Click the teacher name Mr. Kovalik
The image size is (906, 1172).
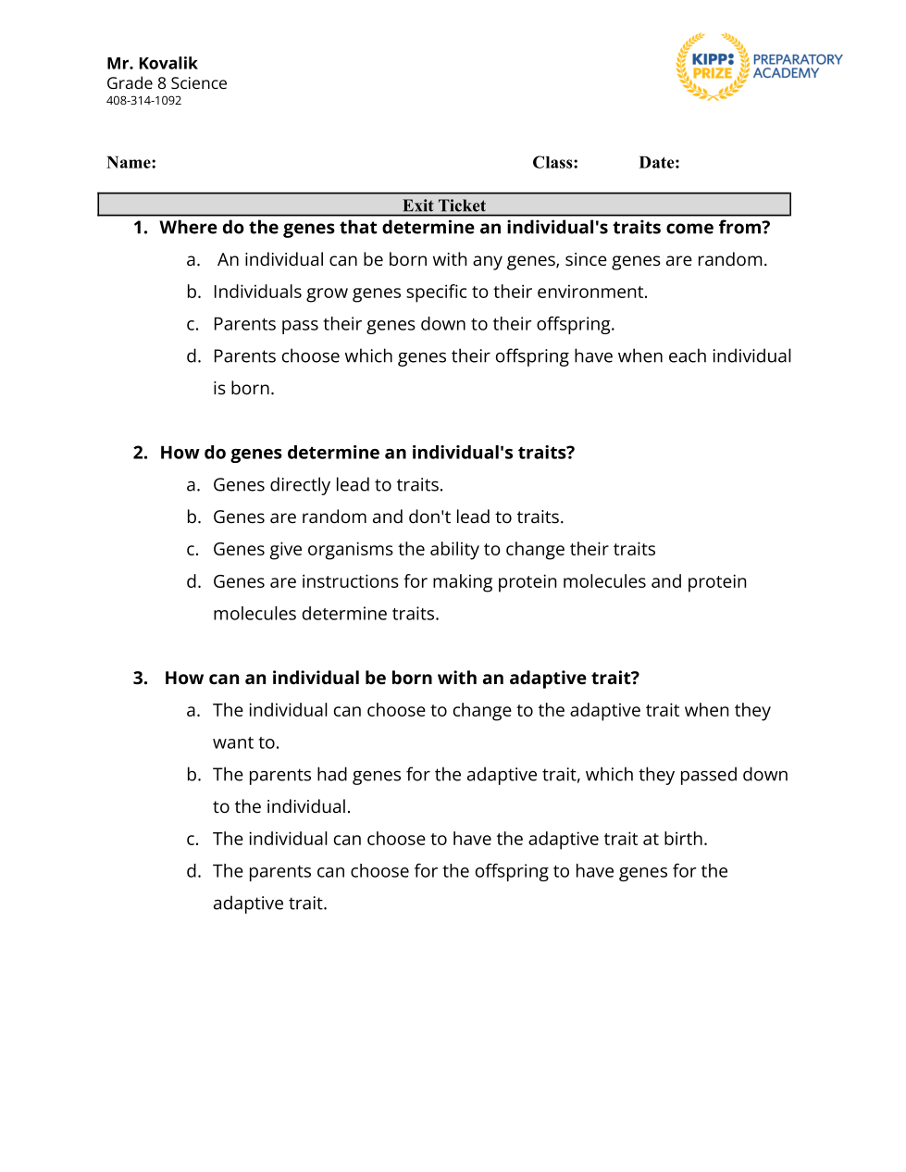(x=152, y=63)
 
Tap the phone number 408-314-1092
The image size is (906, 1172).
(x=143, y=101)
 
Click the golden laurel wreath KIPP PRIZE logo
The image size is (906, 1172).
(x=712, y=67)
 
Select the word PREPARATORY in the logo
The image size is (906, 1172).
(x=797, y=59)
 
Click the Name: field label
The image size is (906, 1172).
(x=130, y=163)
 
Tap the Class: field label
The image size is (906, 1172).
(x=554, y=163)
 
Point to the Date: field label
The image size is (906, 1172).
(x=659, y=163)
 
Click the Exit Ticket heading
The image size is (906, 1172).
(x=443, y=206)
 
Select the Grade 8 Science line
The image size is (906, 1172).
(x=167, y=83)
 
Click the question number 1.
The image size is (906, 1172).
(x=140, y=228)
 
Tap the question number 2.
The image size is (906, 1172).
(x=140, y=453)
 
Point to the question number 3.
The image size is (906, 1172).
(x=140, y=679)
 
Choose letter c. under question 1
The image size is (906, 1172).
(x=192, y=325)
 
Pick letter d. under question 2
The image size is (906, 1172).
(x=193, y=581)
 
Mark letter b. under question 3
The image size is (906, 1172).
(x=193, y=775)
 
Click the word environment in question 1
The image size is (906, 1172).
(x=589, y=293)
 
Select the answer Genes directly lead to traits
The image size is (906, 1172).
(x=328, y=485)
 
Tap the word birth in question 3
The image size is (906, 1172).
(x=684, y=840)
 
